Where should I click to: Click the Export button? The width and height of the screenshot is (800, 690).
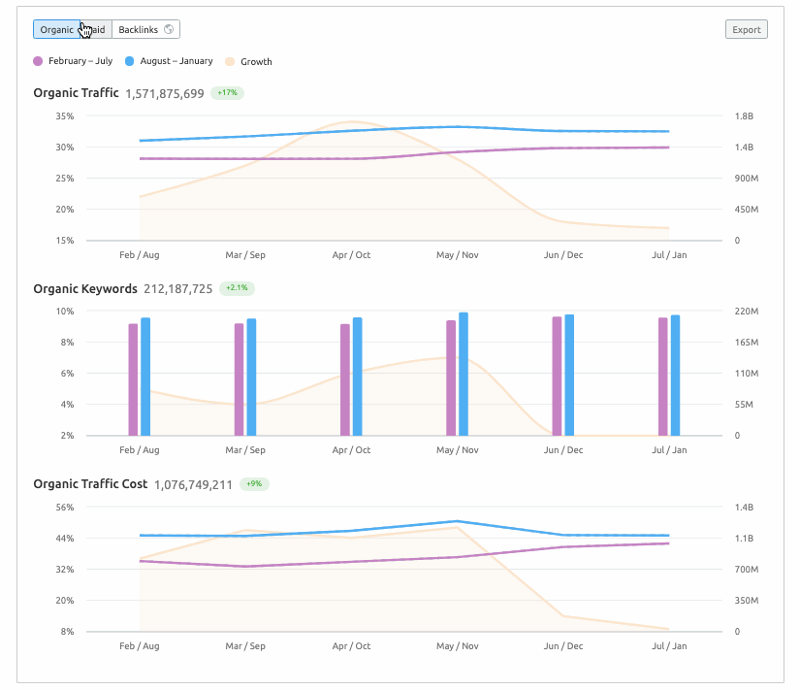point(746,29)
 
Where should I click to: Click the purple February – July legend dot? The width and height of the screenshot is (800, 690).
point(38,61)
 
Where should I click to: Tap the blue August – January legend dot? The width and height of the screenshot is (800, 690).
point(130,61)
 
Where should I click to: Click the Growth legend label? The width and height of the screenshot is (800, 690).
point(256,61)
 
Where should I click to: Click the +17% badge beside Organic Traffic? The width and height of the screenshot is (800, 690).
point(227,93)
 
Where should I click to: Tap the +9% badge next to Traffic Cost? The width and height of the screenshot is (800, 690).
point(253,483)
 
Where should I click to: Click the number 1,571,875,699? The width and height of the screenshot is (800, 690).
point(165,94)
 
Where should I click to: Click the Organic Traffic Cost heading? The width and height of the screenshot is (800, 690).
point(90,483)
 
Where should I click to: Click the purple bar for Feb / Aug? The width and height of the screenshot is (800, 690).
point(133,379)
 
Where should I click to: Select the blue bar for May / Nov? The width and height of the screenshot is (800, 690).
point(464,374)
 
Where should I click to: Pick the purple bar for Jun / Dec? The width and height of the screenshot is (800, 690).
point(557,376)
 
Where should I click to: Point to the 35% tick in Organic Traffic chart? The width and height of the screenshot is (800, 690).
point(65,116)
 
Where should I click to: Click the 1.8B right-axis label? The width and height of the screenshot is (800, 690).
point(744,116)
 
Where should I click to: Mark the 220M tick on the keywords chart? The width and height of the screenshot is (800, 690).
point(746,312)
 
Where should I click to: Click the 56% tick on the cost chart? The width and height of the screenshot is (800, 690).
point(65,508)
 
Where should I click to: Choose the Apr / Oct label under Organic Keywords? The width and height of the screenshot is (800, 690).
point(351,450)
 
